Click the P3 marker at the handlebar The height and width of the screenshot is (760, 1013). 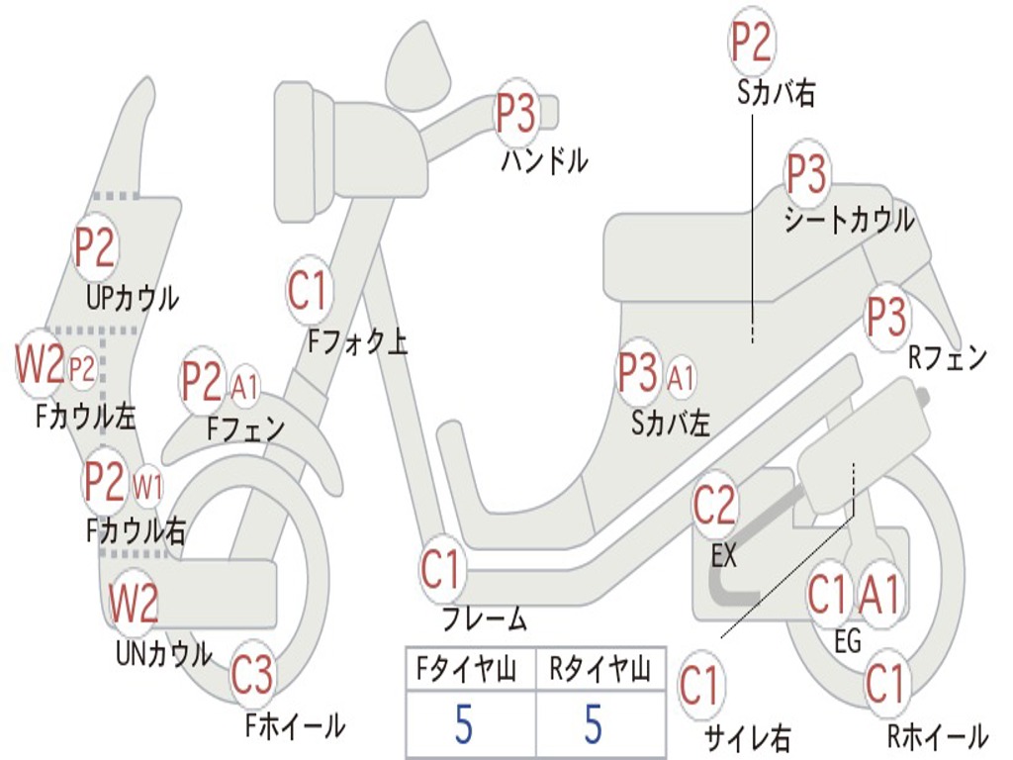pos(515,114)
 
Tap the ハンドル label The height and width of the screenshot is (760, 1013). pos(545,159)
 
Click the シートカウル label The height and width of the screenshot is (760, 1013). pos(849,221)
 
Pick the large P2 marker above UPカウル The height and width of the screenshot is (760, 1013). pos(95,248)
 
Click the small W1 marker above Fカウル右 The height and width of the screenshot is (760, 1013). pos(147,486)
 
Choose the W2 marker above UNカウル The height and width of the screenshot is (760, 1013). pos(134,603)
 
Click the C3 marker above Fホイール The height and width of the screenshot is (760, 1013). pos(252,677)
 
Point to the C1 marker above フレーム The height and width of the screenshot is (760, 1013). pos(441,571)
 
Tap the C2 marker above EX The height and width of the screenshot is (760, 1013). pos(714,506)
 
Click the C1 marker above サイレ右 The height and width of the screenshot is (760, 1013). pos(700,686)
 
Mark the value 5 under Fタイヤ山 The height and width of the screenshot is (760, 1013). pos(464,724)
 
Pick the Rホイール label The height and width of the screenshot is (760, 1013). pos(937,736)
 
